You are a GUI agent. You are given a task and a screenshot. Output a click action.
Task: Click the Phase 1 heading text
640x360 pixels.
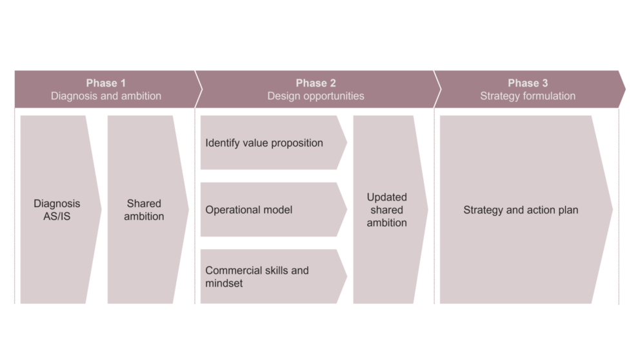click(106, 83)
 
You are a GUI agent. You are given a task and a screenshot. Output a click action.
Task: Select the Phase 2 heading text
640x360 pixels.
click(315, 83)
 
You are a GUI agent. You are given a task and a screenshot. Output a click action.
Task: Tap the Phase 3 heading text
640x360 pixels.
click(528, 83)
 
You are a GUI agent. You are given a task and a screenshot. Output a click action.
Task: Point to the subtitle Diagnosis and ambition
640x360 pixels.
click(106, 96)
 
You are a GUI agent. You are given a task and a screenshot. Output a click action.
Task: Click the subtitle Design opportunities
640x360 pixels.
click(315, 96)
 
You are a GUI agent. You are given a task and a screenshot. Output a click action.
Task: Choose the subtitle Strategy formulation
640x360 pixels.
click(528, 96)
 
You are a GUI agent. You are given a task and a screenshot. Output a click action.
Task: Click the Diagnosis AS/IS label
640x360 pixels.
click(57, 210)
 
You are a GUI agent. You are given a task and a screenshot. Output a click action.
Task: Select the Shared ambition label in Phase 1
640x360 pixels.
click(144, 210)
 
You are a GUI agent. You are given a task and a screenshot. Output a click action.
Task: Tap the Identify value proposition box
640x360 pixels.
click(274, 143)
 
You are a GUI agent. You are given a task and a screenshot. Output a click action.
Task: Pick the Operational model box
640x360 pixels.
click(274, 210)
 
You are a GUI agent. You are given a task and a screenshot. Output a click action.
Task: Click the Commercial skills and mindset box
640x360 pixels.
click(274, 276)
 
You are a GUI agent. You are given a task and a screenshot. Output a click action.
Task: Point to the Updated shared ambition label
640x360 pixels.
click(386, 210)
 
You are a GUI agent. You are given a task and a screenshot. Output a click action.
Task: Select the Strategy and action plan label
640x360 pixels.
click(521, 210)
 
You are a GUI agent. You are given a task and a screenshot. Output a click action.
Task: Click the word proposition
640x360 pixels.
click(297, 143)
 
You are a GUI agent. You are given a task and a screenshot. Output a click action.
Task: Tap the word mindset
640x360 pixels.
click(224, 283)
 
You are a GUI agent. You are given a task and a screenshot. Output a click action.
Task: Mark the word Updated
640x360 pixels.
click(386, 197)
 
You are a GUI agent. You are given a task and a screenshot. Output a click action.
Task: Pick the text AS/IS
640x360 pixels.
click(57, 216)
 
